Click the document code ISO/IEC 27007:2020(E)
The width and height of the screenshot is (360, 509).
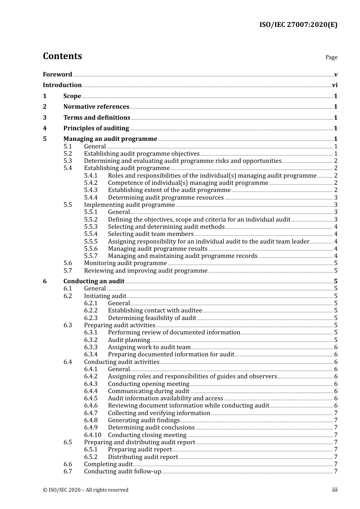[x=298, y=25]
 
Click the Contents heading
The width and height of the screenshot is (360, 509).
[x=62, y=56]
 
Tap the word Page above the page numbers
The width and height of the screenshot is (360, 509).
[x=331, y=57]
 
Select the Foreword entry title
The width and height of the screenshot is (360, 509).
[x=57, y=75]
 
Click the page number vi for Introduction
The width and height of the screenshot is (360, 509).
[x=335, y=85]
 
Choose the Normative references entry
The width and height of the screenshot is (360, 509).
[x=96, y=107]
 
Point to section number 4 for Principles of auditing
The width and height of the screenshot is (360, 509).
[x=45, y=128]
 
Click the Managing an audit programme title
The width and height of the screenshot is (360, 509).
[x=110, y=139]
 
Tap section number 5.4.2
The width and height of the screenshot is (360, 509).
[x=91, y=183]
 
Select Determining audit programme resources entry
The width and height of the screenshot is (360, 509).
[x=166, y=198]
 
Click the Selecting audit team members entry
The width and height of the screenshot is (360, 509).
[x=150, y=234]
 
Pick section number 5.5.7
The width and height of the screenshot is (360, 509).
[x=91, y=256]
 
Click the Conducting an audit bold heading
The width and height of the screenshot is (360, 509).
[x=94, y=281]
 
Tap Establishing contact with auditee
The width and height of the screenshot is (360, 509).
[x=155, y=311]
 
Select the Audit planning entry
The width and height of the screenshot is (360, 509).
[x=129, y=340]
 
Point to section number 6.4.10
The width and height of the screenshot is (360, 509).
[x=92, y=435]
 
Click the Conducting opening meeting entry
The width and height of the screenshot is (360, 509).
[x=148, y=384]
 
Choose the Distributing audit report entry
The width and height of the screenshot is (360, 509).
[x=143, y=457]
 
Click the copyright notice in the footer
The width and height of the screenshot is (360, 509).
[x=86, y=490]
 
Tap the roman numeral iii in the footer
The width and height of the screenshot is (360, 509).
[x=335, y=490]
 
